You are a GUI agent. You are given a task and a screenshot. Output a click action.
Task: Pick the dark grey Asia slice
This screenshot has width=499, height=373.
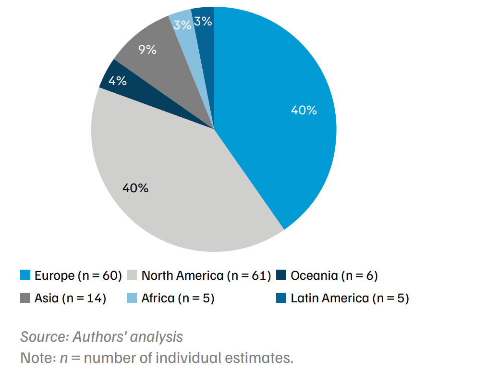click(158, 67)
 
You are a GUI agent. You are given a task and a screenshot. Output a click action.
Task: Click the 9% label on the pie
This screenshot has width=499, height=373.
click(147, 50)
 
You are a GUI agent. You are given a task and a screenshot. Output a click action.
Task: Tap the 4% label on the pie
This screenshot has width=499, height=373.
click(118, 81)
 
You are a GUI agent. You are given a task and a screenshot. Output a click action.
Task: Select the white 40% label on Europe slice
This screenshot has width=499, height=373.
click(304, 110)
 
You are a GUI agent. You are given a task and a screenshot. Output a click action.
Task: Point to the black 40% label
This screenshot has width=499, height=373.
click(135, 188)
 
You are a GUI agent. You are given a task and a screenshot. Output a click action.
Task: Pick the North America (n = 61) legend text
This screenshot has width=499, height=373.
click(206, 275)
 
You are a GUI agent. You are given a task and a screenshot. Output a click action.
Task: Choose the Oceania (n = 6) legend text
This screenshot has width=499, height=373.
click(334, 275)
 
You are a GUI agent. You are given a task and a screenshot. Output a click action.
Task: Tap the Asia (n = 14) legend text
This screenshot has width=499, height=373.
click(70, 298)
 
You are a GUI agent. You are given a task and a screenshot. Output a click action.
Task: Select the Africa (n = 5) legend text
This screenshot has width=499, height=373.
click(177, 298)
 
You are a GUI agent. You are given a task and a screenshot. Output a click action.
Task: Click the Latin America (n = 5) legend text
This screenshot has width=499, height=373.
click(349, 298)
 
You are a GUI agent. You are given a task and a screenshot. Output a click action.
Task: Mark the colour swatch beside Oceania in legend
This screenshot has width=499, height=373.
click(281, 275)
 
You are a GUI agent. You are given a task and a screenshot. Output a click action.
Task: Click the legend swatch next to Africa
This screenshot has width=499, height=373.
click(132, 298)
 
